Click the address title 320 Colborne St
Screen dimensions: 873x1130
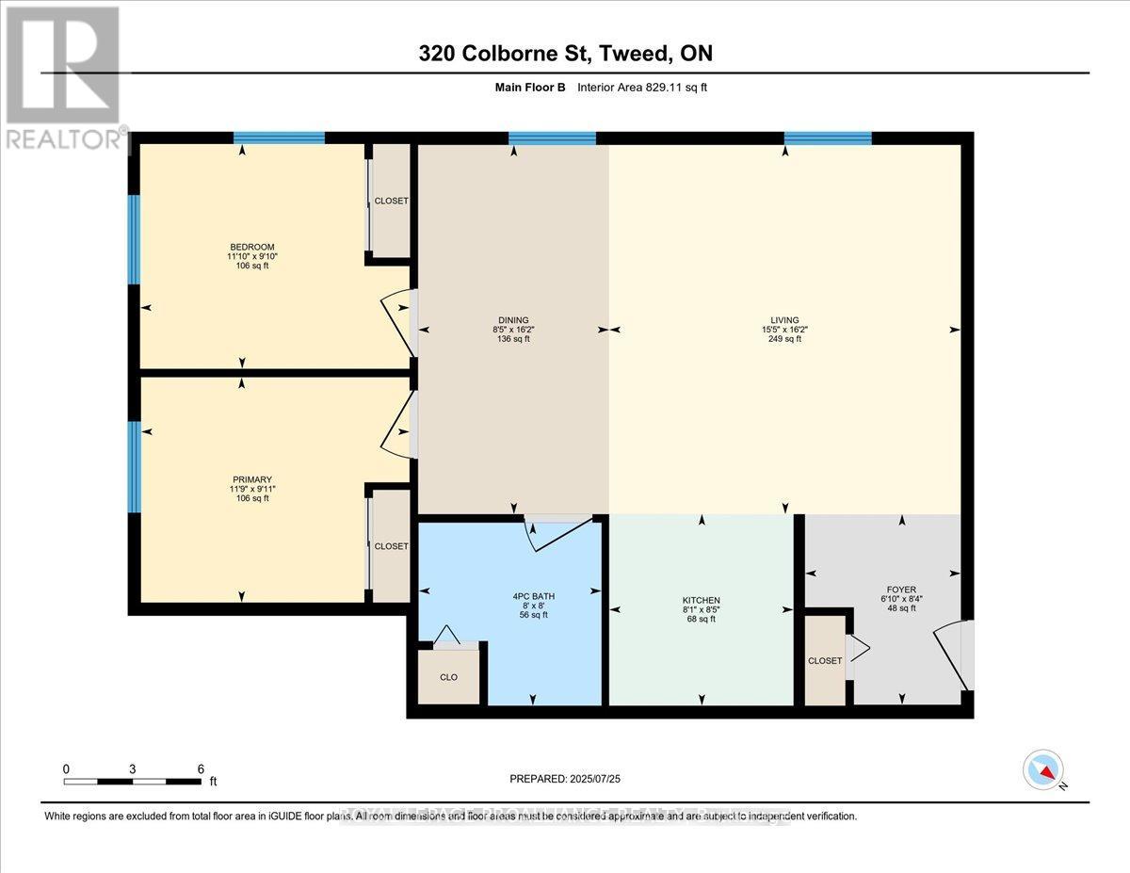565,54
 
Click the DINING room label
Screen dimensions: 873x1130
513,320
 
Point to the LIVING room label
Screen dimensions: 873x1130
784,320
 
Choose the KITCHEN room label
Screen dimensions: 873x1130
702,600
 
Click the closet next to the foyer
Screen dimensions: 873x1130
825,660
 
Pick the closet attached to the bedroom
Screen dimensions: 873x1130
392,201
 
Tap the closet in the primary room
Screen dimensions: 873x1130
392,546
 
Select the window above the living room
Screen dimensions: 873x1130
828,138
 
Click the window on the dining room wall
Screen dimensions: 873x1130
552,138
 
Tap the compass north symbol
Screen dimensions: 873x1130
1043,769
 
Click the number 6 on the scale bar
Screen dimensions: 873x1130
201,768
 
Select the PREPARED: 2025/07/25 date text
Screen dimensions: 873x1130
565,779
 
